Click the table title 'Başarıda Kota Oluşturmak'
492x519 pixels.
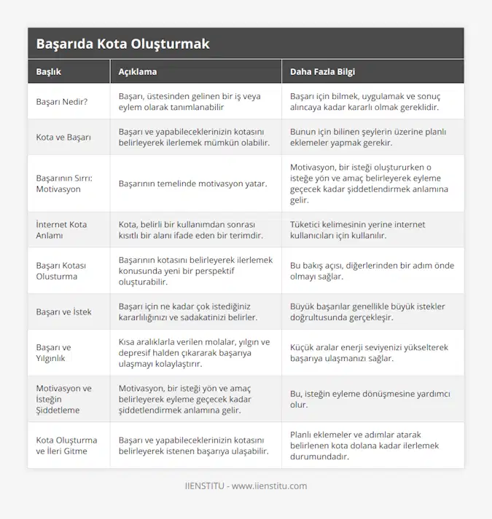122,44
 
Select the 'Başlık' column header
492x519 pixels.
49,72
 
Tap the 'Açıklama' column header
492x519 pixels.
138,72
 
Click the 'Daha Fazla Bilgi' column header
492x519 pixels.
323,72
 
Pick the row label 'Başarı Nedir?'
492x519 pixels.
62,101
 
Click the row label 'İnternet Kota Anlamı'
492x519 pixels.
61,229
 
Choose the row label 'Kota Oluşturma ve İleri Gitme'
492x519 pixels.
66,445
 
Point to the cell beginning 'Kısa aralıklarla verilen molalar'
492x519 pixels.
194,352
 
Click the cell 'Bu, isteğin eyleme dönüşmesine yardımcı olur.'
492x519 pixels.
370,399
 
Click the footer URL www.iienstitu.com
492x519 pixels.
269,486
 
